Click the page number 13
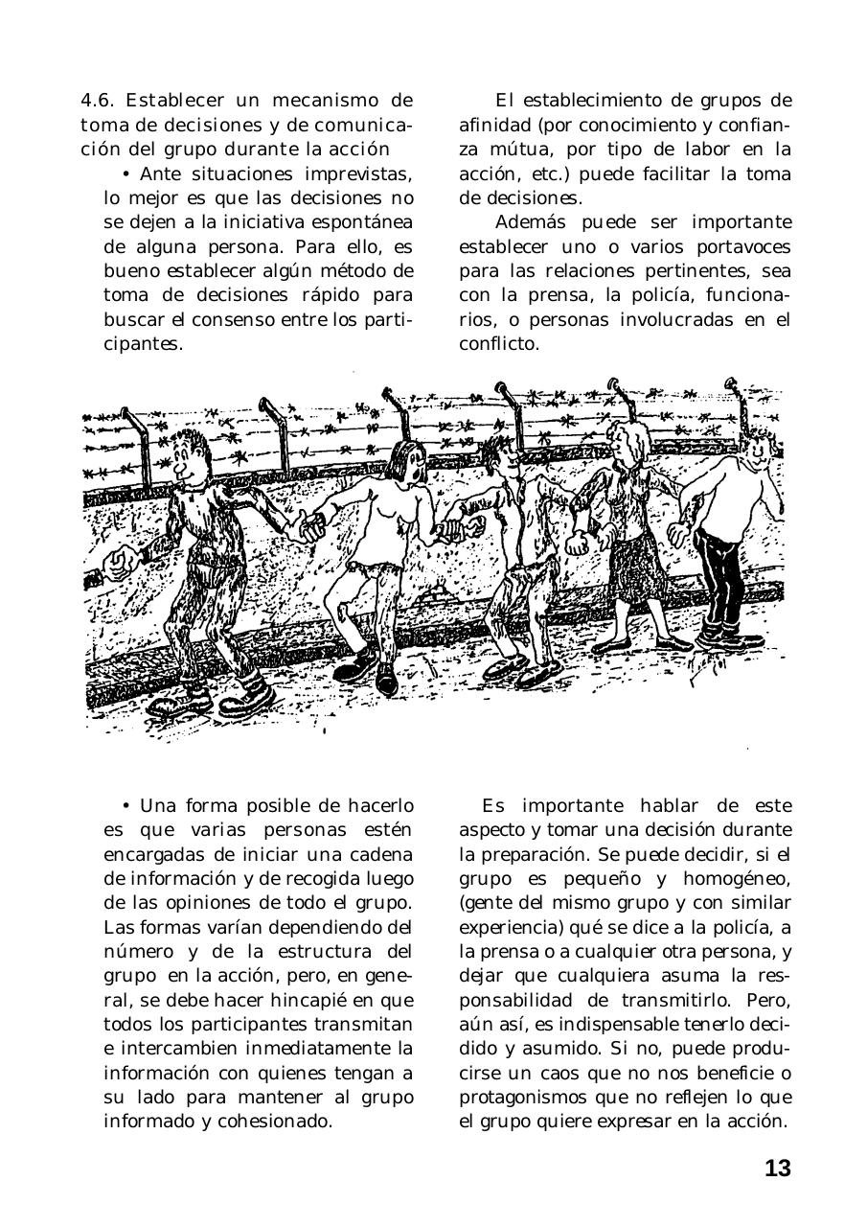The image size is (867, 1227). (x=777, y=1169)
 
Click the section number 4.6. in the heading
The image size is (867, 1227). (x=99, y=101)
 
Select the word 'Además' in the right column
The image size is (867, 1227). (x=526, y=222)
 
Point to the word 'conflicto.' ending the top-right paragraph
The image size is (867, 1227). (x=499, y=343)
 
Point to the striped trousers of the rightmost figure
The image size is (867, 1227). (x=721, y=575)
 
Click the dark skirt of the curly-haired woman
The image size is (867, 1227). (x=631, y=556)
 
